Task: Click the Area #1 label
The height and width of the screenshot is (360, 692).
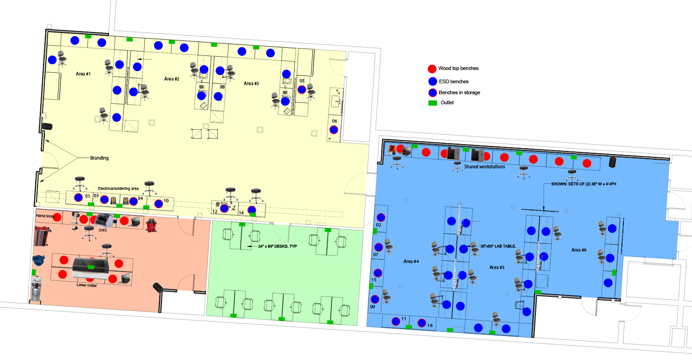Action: (x=83, y=74)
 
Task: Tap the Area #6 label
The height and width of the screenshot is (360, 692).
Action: (x=578, y=250)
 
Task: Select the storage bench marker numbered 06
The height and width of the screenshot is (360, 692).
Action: (x=334, y=130)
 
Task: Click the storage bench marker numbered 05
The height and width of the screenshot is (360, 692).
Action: (x=302, y=90)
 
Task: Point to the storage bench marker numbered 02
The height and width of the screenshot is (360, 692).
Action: (x=381, y=217)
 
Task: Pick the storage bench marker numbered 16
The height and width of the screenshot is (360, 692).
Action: (x=422, y=323)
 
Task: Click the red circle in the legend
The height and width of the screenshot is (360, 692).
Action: (x=432, y=69)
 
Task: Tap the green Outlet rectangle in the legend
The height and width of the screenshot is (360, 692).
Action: (x=432, y=103)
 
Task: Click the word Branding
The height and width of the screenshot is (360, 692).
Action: (x=99, y=158)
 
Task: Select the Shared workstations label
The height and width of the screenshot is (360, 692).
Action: (x=484, y=167)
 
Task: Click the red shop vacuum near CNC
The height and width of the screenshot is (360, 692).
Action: (x=151, y=225)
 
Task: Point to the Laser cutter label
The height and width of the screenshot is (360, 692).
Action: (x=86, y=285)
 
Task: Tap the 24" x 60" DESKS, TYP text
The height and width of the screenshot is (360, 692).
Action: (x=277, y=246)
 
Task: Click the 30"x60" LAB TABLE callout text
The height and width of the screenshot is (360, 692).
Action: (x=498, y=246)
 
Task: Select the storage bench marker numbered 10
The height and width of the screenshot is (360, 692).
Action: (x=158, y=204)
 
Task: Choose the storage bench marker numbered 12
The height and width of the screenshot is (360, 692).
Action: (x=224, y=209)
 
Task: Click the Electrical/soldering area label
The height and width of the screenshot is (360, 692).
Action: (x=118, y=188)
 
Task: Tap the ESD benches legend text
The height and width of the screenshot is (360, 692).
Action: (x=454, y=81)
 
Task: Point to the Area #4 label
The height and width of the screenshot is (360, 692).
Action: (x=411, y=261)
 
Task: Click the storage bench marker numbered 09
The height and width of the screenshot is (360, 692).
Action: (x=375, y=299)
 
